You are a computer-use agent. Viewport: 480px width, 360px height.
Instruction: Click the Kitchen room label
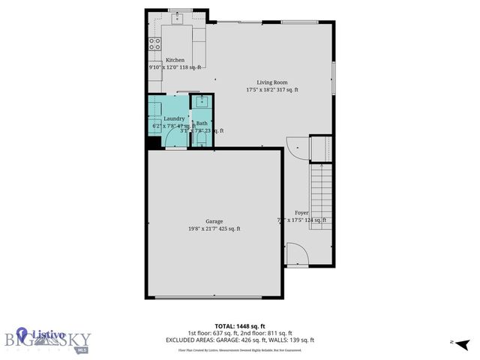click(x=175, y=60)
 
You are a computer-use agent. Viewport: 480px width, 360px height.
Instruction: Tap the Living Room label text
click(x=272, y=82)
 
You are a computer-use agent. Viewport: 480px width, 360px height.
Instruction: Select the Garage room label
click(x=214, y=221)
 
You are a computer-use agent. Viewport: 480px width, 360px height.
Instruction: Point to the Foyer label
click(x=301, y=213)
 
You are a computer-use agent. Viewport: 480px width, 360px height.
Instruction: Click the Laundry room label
click(x=174, y=118)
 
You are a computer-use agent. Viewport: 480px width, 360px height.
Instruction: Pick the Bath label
click(x=202, y=123)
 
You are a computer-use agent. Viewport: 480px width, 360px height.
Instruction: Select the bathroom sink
click(x=202, y=101)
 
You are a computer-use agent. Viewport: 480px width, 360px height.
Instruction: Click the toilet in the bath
click(x=201, y=137)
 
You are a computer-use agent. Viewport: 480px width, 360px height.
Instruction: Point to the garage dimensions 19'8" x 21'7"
click(x=214, y=229)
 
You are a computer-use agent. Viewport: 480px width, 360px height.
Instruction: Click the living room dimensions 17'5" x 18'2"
click(x=272, y=90)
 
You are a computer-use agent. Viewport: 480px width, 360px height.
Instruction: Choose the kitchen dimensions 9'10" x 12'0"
click(x=175, y=67)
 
